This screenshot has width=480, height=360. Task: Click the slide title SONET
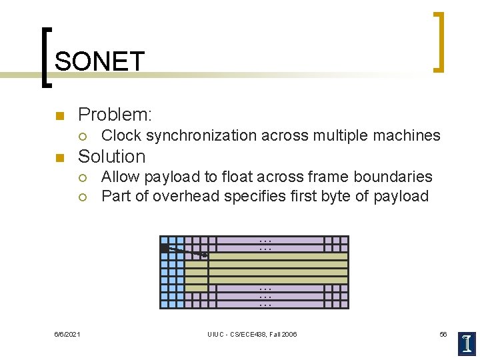(x=99, y=62)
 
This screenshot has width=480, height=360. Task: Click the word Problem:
(x=115, y=115)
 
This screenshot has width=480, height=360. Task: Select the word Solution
(x=112, y=157)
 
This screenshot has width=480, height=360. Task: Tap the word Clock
(x=121, y=136)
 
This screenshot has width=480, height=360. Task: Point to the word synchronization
(x=201, y=136)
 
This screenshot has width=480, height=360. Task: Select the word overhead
(x=184, y=197)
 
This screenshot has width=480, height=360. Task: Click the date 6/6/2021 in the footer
(x=67, y=334)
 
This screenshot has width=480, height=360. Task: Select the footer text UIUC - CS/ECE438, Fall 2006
(x=252, y=334)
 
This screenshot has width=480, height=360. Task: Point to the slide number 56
(x=443, y=334)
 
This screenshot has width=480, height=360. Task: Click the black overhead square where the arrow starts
(x=164, y=248)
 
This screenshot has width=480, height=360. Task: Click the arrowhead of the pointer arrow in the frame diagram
(x=205, y=255)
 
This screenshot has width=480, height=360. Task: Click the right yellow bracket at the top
(x=439, y=41)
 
